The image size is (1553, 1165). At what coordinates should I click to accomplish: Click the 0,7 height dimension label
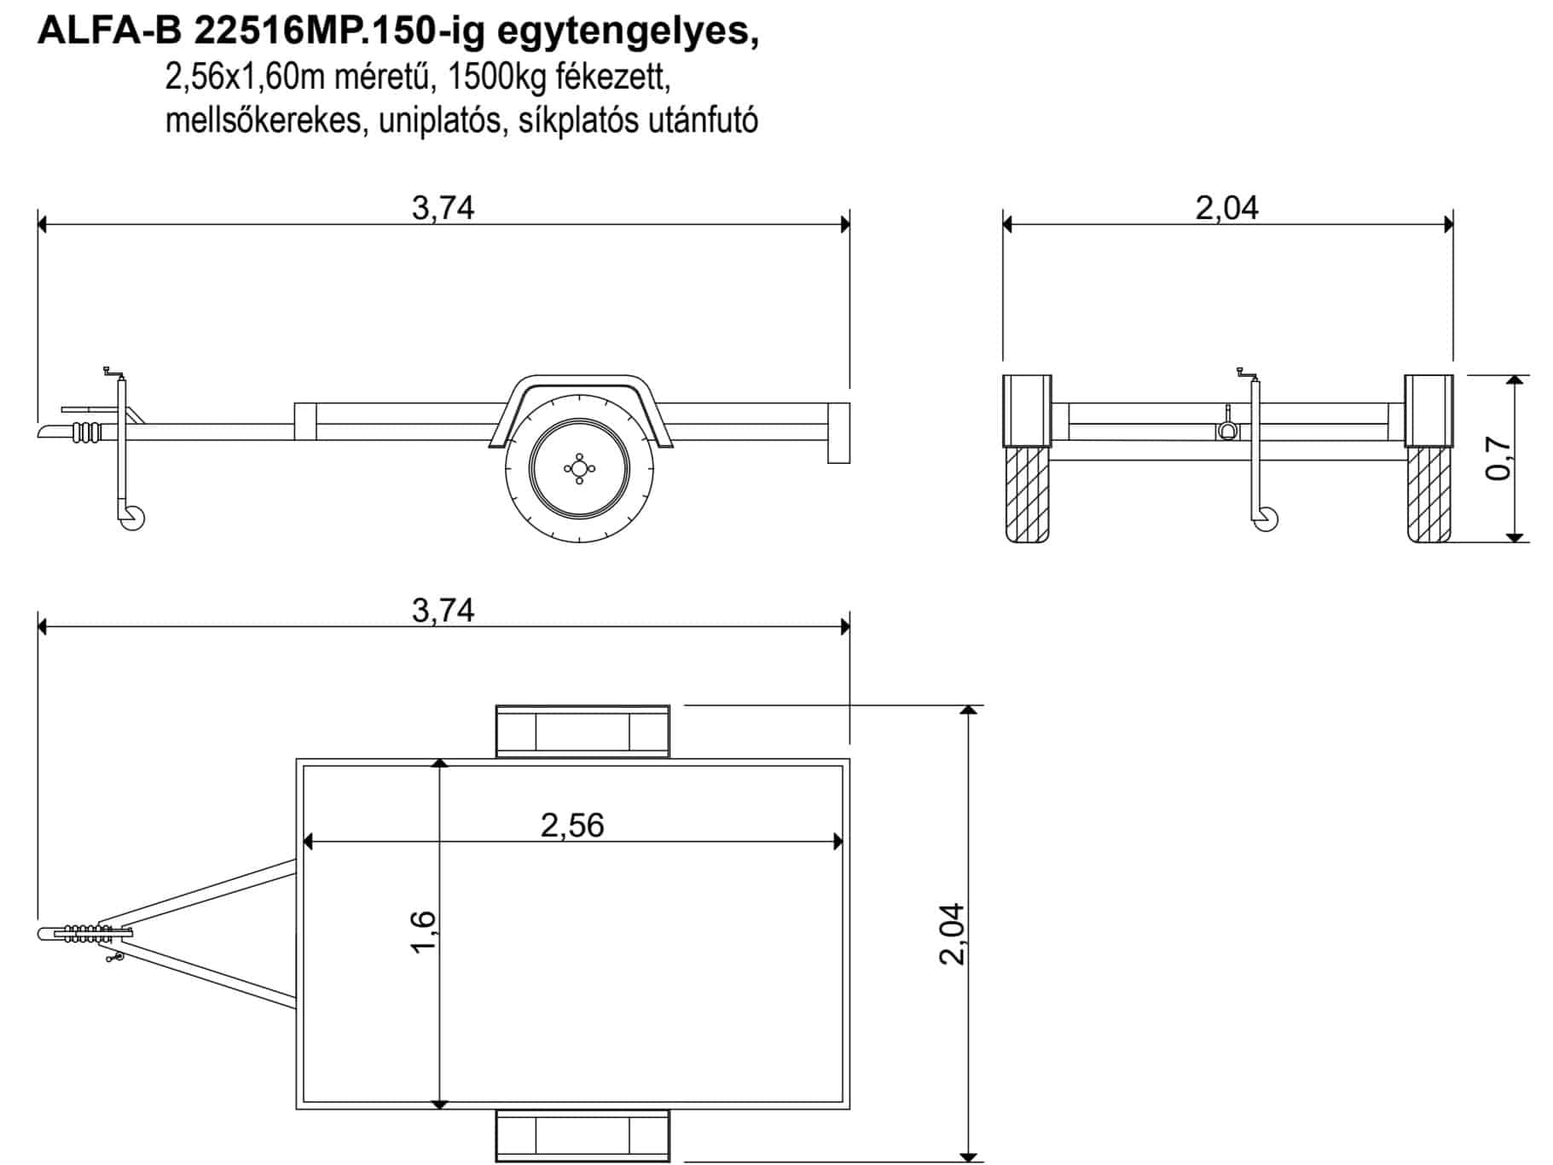pos(1499,458)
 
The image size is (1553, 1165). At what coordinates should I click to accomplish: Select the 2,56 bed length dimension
pos(572,826)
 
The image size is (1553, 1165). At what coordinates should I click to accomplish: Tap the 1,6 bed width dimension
pos(423,932)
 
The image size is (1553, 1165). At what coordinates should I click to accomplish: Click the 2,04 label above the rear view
pos(1226,208)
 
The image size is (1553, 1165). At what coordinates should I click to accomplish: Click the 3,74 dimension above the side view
pos(443,208)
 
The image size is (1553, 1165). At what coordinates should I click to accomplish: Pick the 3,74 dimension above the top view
pos(443,611)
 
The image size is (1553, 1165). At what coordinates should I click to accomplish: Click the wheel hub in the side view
pos(579,467)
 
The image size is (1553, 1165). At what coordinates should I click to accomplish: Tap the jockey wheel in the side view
pos(133,518)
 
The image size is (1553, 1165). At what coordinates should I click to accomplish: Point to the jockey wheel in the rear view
pos(1266,519)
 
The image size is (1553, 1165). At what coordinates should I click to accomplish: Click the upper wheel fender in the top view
pos(582,731)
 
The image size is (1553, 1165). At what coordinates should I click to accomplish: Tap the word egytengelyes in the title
pos(627,33)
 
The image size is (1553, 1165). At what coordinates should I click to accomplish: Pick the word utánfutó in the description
pos(704,120)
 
